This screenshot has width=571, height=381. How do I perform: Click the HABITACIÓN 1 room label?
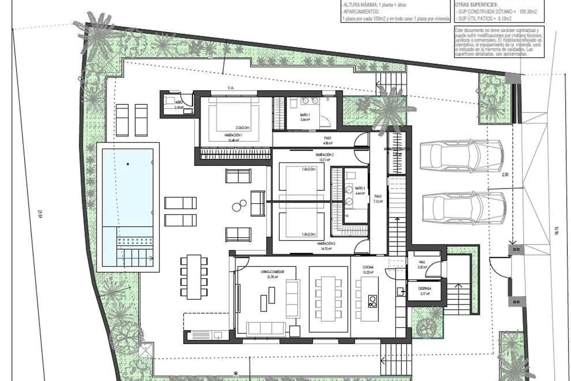pos(233,135)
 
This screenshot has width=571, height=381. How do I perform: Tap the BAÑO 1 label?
pos(305,115)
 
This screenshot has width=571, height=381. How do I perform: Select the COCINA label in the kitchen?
pos(368,267)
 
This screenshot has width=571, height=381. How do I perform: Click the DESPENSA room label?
pos(425,288)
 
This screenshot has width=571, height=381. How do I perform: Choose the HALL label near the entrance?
pos(422,262)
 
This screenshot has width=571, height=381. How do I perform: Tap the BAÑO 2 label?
pos(360,188)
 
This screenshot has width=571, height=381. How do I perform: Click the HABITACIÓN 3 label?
pos(326,243)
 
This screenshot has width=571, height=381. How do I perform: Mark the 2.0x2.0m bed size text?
pos(243,128)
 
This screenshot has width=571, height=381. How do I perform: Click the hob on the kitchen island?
pos(373,301)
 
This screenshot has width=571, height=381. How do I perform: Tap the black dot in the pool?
pos(128,164)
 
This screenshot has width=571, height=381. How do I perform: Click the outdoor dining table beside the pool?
pos(194,277)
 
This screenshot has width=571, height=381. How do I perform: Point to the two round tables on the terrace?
pos(239,206)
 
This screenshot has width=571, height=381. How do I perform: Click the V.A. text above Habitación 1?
pos(231,87)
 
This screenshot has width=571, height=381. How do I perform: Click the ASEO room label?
pos(179,102)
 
